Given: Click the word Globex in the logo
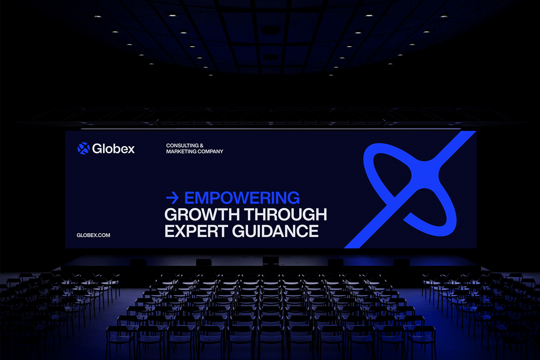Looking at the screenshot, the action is tap(113, 148).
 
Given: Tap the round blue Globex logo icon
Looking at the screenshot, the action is tap(83, 148).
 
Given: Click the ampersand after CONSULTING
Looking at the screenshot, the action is tap(202, 146).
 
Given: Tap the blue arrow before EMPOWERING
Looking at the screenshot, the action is tap(172, 198).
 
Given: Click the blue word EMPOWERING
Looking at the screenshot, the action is tap(242, 198).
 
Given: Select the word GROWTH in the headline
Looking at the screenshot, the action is tap(202, 214).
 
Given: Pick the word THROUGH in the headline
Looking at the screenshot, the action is tap(286, 214).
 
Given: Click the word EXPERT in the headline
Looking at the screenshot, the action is tap(196, 231).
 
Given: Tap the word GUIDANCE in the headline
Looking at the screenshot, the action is tap(275, 231).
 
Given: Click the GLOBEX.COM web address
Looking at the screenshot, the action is tap(93, 235).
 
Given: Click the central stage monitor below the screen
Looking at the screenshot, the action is tap(270, 261).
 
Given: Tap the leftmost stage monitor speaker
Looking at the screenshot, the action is tap(138, 262).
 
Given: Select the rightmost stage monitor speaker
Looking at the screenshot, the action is tap(401, 262).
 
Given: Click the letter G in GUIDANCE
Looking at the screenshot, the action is tap(239, 231).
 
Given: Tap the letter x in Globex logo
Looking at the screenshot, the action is tap(130, 149).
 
